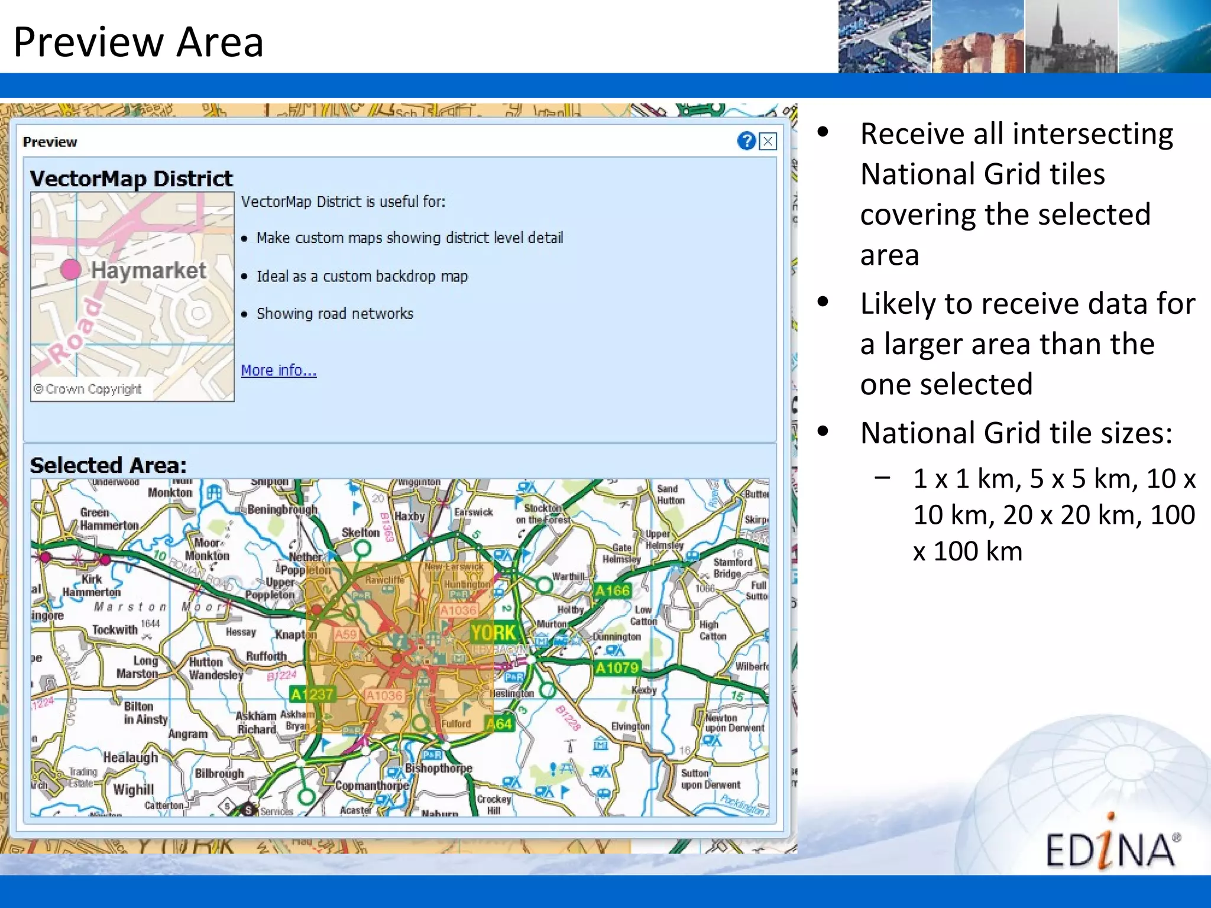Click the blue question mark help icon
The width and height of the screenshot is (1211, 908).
[746, 141]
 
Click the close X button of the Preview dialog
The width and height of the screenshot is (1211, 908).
[768, 141]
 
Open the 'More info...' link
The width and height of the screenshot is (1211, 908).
[279, 370]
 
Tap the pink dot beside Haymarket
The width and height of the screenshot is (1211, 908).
[71, 269]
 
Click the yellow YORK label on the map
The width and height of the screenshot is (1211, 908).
[493, 633]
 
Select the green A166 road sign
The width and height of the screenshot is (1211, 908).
[613, 590]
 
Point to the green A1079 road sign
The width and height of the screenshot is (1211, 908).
[617, 668]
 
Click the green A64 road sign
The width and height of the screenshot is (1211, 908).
[498, 723]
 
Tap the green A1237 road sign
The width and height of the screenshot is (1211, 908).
[312, 694]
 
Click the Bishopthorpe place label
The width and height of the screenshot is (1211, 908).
[438, 768]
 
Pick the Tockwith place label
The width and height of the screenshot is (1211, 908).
[115, 630]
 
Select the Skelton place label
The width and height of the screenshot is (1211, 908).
[361, 532]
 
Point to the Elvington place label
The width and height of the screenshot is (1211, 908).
[630, 726]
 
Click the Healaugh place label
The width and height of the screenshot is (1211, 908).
[131, 757]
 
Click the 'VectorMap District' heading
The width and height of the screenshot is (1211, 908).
[131, 179]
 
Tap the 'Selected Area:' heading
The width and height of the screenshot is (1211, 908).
[108, 465]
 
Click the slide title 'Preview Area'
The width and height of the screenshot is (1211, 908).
[138, 42]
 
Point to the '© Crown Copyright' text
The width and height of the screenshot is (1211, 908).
[88, 389]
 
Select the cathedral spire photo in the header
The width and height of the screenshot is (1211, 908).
[1071, 37]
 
